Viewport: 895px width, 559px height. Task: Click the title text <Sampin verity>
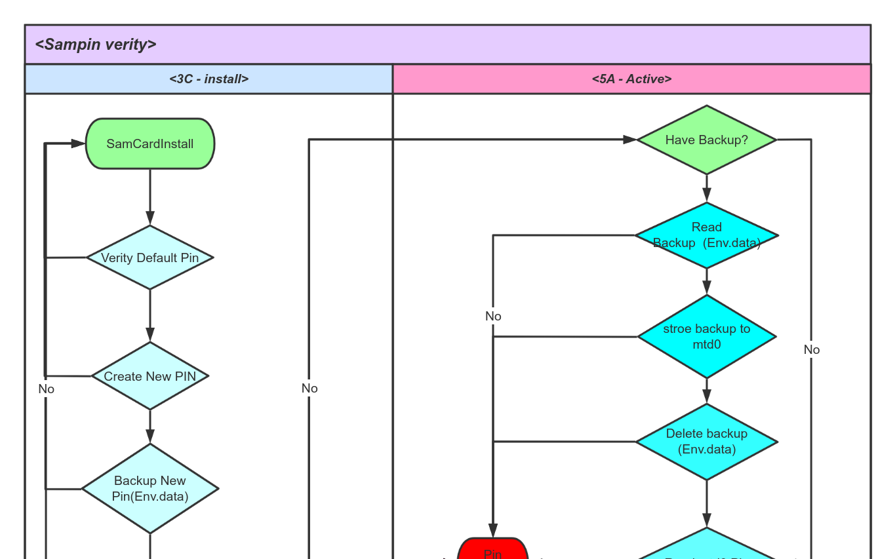96,45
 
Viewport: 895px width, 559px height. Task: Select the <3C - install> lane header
209,79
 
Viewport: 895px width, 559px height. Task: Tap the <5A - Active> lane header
631,79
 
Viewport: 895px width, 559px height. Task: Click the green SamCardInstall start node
150,144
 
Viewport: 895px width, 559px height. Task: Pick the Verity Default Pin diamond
150,258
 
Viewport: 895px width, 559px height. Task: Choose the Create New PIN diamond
150,376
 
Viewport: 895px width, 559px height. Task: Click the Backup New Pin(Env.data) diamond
150,488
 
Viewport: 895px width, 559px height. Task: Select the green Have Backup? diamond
706,140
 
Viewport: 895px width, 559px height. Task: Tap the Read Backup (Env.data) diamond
706,235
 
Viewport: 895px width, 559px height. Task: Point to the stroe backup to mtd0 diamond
706,337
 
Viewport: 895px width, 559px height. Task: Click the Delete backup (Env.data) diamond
706,442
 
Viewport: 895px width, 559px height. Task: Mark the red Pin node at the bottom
492,550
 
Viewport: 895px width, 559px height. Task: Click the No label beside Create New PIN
46,389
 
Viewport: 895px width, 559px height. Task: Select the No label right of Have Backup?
812,349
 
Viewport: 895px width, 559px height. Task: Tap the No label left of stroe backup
493,316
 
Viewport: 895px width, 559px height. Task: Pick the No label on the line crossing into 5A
309,388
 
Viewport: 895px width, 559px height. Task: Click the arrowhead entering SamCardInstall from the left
79,144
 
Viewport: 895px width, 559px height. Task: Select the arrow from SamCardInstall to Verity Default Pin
150,197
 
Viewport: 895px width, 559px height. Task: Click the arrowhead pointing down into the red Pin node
493,531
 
